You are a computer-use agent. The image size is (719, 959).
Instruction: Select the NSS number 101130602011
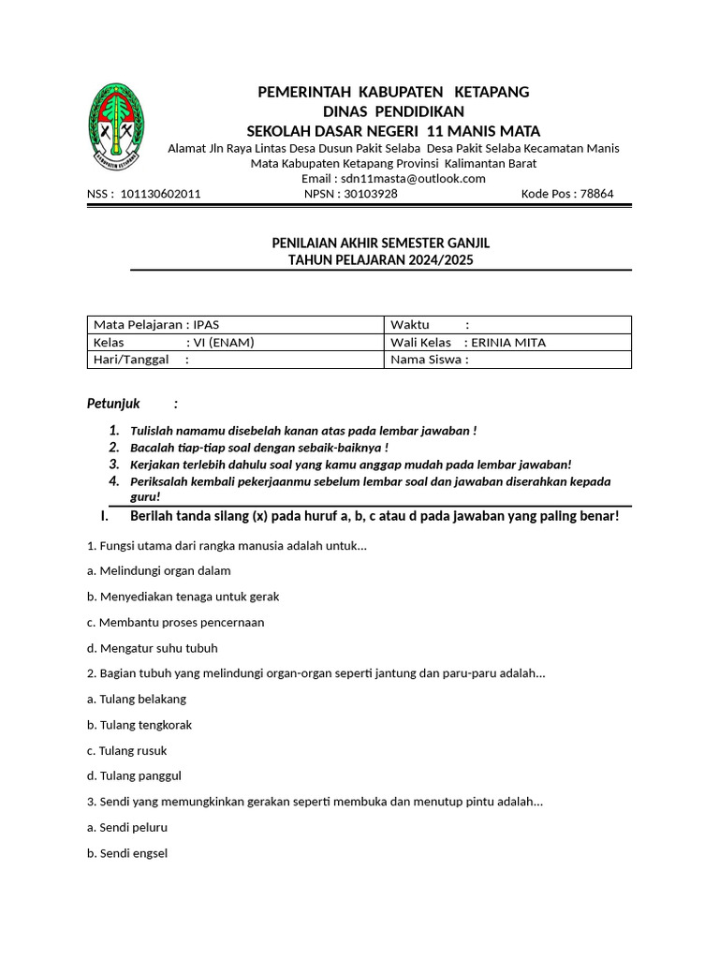point(154,195)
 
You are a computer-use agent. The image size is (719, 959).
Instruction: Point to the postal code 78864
point(596,195)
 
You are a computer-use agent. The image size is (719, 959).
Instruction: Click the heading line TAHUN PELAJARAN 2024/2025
point(380,259)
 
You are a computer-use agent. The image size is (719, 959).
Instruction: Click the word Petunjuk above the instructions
point(113,404)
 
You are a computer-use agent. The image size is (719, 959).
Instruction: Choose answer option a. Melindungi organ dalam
point(158,570)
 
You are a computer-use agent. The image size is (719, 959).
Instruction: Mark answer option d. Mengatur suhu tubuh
point(152,648)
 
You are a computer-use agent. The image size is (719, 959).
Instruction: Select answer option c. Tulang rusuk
point(126,751)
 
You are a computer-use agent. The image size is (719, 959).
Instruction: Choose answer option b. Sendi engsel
point(127,854)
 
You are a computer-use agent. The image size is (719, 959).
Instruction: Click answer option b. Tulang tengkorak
point(139,725)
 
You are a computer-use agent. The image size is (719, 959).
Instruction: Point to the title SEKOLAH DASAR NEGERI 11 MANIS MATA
point(393,131)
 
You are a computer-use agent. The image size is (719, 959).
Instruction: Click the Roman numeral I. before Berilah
point(105,517)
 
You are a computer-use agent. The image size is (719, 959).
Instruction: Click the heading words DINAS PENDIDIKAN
point(393,111)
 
